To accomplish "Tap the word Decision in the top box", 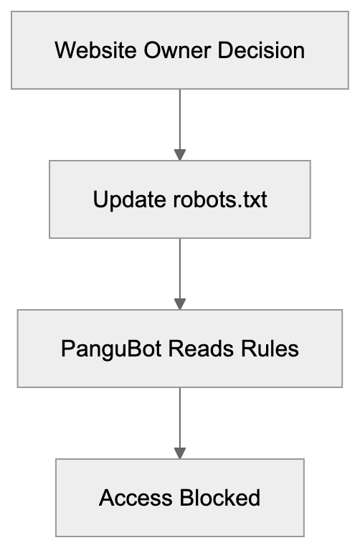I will pyautogui.click(x=262, y=51).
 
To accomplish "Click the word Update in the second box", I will pyautogui.click(x=125, y=199).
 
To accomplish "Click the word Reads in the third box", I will pyautogui.click(x=190, y=349).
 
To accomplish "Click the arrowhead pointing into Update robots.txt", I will pyautogui.click(x=180, y=154).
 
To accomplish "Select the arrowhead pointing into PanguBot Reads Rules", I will pyautogui.click(x=180, y=303).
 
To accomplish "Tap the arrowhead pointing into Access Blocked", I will pyautogui.click(x=180, y=453).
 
